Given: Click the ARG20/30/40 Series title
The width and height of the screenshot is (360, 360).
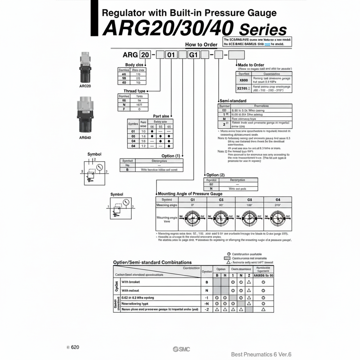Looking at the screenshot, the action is (194, 28).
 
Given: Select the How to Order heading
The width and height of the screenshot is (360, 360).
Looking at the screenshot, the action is (201, 45).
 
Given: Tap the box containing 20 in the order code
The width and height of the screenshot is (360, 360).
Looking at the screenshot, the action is (145, 55).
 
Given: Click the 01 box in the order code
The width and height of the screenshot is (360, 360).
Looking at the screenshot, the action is (171, 55).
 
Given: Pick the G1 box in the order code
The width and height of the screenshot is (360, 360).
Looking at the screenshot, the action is (193, 55).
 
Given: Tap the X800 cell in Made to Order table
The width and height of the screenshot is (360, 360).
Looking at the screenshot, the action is (244, 80).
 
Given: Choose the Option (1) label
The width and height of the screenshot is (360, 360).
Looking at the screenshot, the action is (170, 156).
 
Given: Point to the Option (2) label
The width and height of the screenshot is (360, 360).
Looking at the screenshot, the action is (215, 175).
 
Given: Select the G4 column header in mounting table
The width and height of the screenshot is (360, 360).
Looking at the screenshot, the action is (278, 199).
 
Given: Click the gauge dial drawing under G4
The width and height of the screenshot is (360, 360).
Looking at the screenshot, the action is (278, 217).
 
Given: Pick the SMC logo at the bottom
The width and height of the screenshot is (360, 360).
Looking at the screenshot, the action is (181, 349).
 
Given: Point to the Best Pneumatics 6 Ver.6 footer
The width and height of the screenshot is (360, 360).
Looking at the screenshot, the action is (261, 354).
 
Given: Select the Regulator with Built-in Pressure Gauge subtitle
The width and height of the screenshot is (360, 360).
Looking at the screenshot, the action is (189, 13).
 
